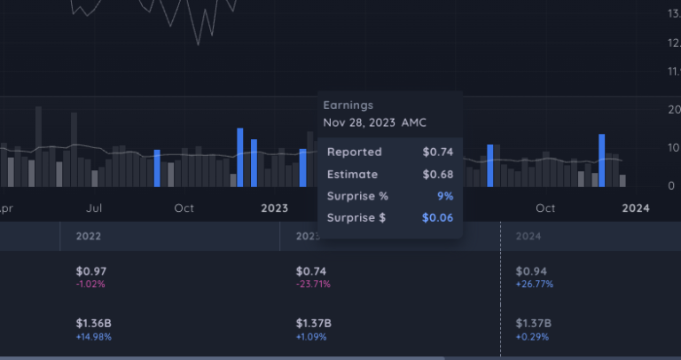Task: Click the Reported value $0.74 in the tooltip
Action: pos(437,152)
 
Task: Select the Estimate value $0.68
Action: pos(437,174)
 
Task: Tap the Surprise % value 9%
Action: pos(445,196)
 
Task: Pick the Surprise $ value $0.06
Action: pos(437,218)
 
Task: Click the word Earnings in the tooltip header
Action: pos(348,105)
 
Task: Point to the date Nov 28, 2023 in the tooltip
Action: pos(359,122)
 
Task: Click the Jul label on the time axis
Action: pos(98,208)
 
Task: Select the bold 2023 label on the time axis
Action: pos(274,208)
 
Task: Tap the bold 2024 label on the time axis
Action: pos(635,208)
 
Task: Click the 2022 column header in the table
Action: pos(89,237)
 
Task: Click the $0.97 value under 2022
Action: pos(90,271)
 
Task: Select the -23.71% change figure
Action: pos(312,285)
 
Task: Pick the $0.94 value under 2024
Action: pos(529,271)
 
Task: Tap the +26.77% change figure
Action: pos(534,285)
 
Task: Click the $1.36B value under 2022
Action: pos(93,324)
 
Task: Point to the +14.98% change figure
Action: pos(94,337)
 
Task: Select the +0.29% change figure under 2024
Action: pos(532,337)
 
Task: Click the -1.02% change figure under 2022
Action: pos(90,285)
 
